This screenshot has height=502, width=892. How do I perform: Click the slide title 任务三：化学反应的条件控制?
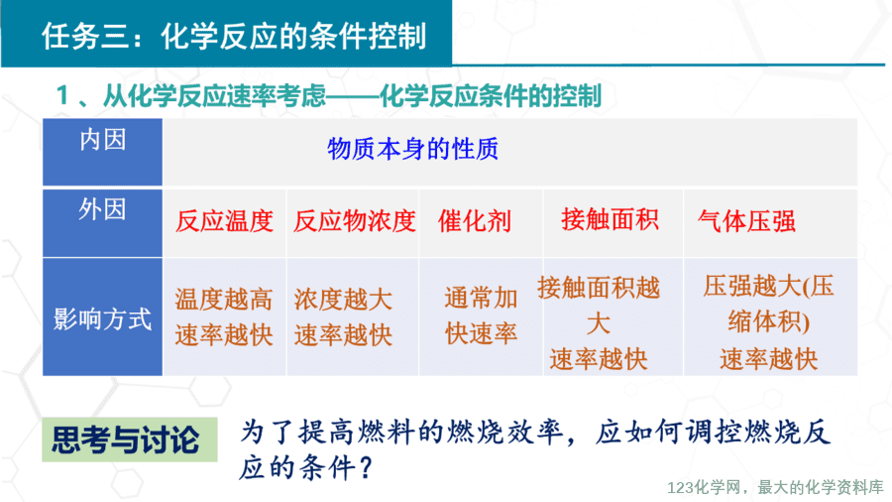pos(234,37)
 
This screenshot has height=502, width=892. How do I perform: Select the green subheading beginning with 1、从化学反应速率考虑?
pos(329,95)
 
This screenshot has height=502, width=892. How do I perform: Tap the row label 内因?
pos(102,140)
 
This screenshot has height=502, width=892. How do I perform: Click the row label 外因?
pos(102,209)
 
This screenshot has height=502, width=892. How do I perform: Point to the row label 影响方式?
pos(102,318)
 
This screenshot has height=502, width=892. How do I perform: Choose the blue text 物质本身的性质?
pos(412,149)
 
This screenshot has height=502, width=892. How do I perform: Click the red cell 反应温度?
pos(224,221)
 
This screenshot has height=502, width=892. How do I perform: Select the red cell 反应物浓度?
pos(355,221)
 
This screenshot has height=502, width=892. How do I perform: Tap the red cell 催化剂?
pos(475,221)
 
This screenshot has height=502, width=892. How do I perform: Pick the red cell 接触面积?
pos(610,219)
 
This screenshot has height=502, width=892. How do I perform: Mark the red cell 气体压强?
pos(746,221)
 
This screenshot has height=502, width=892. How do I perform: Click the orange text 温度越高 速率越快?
pos(224,317)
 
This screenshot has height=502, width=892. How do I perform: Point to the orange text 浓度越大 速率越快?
pos(343,317)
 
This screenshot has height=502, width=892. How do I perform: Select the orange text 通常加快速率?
pos(482,315)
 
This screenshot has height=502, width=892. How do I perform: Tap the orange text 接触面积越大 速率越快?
pos(599,322)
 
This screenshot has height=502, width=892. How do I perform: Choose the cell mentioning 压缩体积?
pos(768,322)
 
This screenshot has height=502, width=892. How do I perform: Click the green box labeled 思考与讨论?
pos(130,439)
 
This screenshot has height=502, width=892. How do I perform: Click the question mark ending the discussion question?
pos(367,468)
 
